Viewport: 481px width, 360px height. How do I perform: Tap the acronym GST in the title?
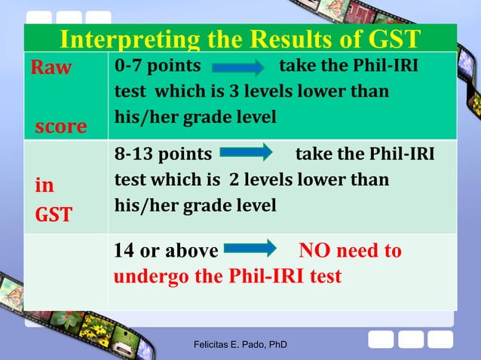coord(388,40)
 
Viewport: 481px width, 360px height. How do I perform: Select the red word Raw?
coord(51,68)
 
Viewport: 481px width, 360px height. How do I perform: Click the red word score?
coord(61,126)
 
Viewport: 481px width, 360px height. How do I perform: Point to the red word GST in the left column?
coord(54,215)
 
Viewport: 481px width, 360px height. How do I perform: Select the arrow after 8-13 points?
coord(246,154)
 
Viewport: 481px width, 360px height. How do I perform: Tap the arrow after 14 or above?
coord(251,247)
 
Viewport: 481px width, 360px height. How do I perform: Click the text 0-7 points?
coord(157,67)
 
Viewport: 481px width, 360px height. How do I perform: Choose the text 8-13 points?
coord(163,154)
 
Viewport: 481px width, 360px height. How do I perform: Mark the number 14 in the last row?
coord(124,251)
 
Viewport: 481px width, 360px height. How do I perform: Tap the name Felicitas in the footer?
coord(214,346)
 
